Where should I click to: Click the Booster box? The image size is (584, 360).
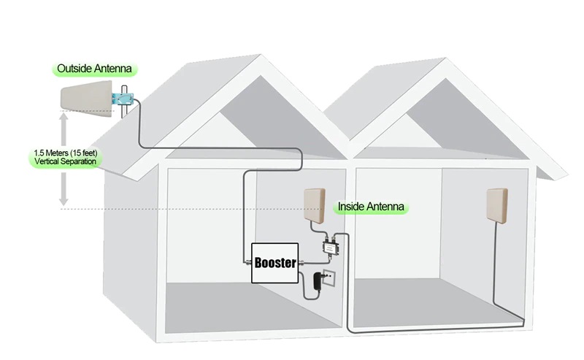(275, 263)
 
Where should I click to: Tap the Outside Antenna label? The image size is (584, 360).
(95, 69)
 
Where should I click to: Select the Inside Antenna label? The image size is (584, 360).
(371, 207)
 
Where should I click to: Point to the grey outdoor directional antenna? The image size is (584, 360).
(86, 99)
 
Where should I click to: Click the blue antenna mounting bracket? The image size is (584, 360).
(125, 99)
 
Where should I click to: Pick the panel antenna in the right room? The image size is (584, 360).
(497, 206)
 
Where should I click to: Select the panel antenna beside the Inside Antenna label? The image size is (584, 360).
(315, 206)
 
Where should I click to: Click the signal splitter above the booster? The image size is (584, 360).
(329, 246)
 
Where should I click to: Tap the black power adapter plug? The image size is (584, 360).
(318, 281)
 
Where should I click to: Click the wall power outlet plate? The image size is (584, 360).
(329, 277)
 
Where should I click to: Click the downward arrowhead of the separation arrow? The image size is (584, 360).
(64, 202)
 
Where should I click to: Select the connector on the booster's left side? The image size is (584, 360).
(248, 262)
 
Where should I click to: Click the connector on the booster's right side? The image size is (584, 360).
(301, 263)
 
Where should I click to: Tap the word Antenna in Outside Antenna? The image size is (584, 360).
(113, 69)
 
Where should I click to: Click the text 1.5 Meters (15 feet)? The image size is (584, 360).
(66, 153)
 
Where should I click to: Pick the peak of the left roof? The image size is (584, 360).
(261, 55)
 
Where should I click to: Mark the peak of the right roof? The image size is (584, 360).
(445, 58)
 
